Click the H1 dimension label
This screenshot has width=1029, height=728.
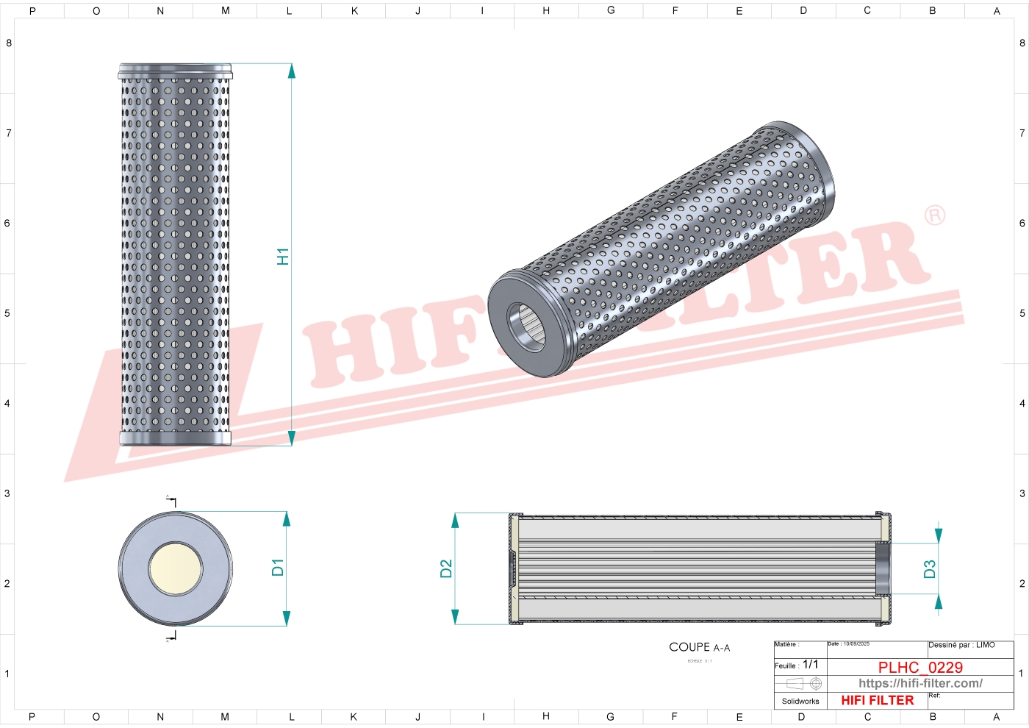point(283,256)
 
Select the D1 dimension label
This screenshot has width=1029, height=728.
point(277,567)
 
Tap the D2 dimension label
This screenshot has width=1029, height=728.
point(446,568)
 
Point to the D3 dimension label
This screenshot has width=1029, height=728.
point(930,568)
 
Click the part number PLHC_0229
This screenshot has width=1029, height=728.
point(920,667)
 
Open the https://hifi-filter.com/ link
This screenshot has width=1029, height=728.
point(920,683)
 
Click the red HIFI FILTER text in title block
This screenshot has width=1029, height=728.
point(877,700)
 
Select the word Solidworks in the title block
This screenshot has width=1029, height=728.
point(800,701)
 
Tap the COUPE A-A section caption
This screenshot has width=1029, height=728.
point(699,647)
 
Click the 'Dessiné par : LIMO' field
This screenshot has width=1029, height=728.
point(961,645)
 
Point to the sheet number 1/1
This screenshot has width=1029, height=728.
point(810,664)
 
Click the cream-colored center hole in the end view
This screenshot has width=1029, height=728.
point(175,568)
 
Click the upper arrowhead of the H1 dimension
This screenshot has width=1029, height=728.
point(291,71)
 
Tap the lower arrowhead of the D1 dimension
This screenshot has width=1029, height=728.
point(286,618)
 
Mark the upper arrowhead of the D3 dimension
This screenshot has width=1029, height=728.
point(938,535)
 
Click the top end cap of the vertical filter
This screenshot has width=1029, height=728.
point(175,71)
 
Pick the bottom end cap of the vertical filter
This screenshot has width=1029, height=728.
point(175,438)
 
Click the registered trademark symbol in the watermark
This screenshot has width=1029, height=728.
point(934,215)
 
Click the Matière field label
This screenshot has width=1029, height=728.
point(786,645)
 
